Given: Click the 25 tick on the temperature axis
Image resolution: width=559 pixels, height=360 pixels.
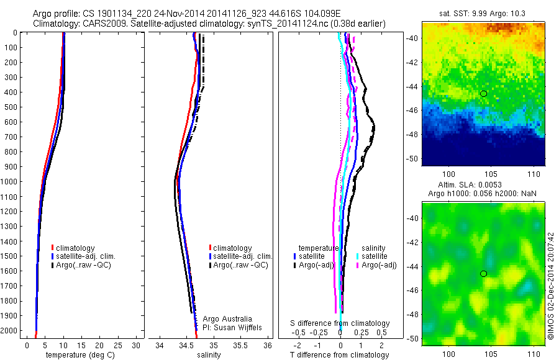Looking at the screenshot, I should tap(117, 345).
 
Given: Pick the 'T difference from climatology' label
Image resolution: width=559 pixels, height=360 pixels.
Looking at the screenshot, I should tap(340, 355).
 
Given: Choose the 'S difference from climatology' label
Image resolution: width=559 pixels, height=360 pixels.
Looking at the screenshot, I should tap(340, 323).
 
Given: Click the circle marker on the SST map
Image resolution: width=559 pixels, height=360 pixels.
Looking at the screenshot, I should tap(484, 93).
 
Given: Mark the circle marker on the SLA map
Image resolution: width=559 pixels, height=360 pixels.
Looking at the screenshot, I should tap(484, 274).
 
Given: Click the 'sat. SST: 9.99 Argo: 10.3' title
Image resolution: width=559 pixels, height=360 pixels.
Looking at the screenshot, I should tap(483, 13).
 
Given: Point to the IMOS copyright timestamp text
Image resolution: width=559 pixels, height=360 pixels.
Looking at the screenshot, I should tap(551, 286).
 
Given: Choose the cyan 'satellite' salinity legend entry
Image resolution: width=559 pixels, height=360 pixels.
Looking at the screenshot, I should tap(375, 256).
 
